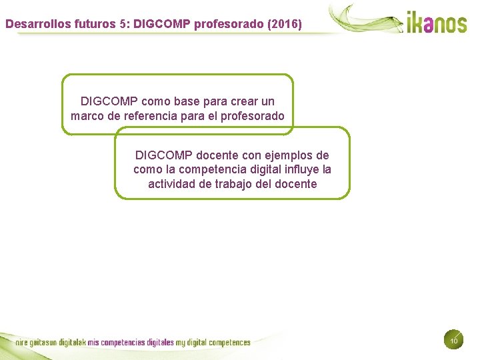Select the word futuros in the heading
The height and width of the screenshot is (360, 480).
tap(81, 24)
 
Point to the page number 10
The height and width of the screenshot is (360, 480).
tap(453, 341)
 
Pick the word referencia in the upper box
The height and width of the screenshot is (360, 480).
tap(151, 116)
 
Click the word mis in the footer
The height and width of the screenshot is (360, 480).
tap(93, 343)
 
